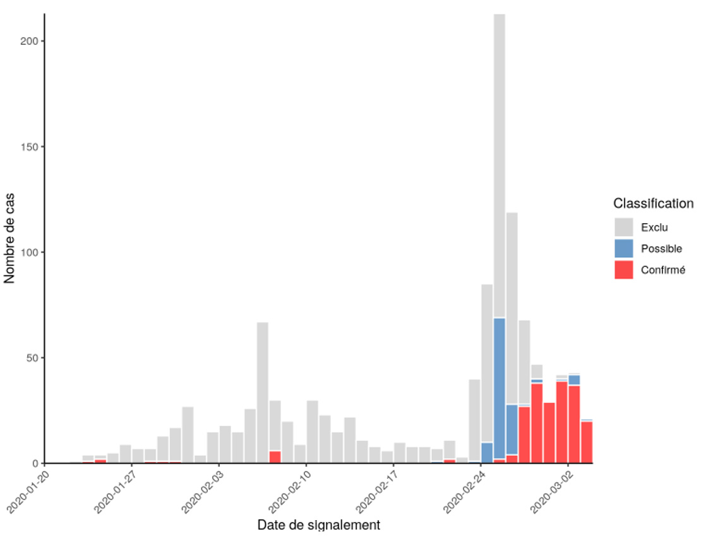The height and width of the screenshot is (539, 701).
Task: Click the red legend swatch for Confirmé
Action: coord(623,270)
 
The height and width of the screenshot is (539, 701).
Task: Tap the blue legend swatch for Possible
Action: coord(623,248)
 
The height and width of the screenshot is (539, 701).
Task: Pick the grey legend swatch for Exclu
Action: coord(623,227)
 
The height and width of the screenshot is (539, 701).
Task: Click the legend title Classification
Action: coord(653,204)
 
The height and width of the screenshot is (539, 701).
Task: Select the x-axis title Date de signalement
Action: coord(318,525)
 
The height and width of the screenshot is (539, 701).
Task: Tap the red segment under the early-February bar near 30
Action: coord(275,457)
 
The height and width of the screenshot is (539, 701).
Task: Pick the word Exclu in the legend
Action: coord(654,227)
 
